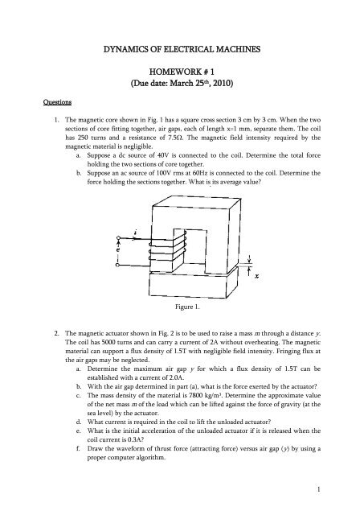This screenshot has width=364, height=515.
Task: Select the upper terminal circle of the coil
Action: click(x=118, y=238)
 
